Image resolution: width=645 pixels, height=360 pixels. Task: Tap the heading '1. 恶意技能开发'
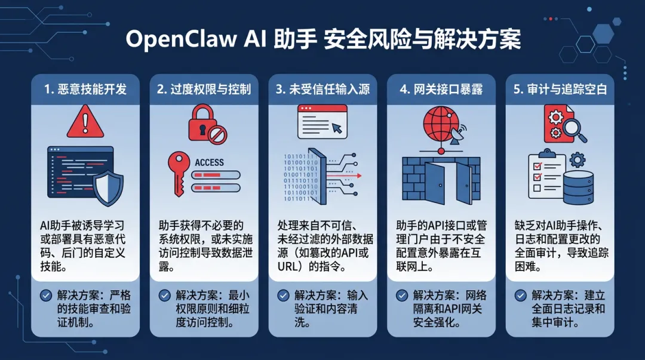[85, 90]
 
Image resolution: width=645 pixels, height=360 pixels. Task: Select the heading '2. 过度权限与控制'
[204, 90]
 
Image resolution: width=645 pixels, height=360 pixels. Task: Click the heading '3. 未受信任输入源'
[323, 90]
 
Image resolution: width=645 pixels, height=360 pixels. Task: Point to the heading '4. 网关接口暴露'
[441, 90]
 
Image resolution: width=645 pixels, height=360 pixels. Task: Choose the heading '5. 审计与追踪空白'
[560, 90]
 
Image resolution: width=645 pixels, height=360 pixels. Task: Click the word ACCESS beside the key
[210, 162]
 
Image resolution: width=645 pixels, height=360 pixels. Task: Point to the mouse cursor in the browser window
[337, 128]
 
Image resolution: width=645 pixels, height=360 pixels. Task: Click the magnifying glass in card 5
[572, 128]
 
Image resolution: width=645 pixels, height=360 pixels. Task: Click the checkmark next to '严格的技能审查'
[45, 295]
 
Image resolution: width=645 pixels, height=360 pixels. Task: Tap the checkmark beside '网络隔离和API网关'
[401, 295]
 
